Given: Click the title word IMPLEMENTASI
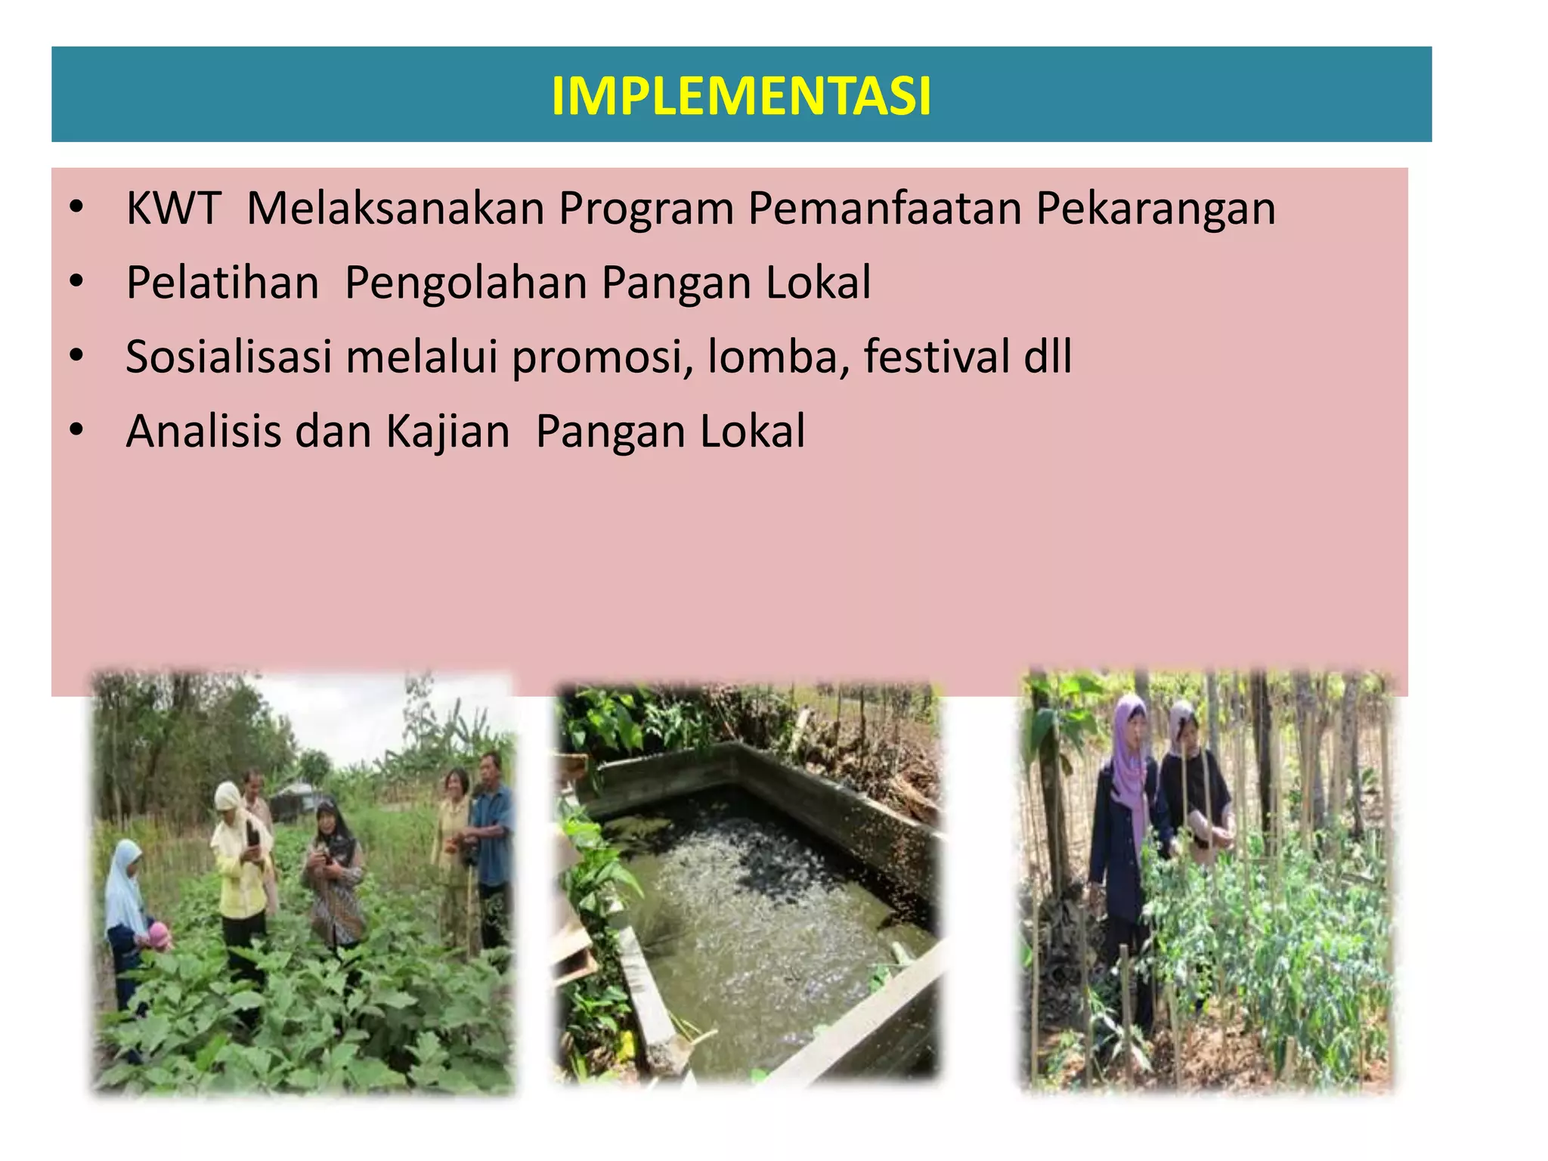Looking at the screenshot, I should pyautogui.click(x=741, y=97).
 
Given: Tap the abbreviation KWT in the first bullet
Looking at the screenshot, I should pyautogui.click(x=173, y=209).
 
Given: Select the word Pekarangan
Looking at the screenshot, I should pyautogui.click(x=1155, y=209).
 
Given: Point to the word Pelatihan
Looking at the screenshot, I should pyautogui.click(x=222, y=283).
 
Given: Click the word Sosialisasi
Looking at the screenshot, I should pyautogui.click(x=228, y=357).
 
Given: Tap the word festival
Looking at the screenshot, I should pyautogui.click(x=936, y=357).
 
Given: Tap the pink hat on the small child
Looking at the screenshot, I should pyautogui.click(x=159, y=934).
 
